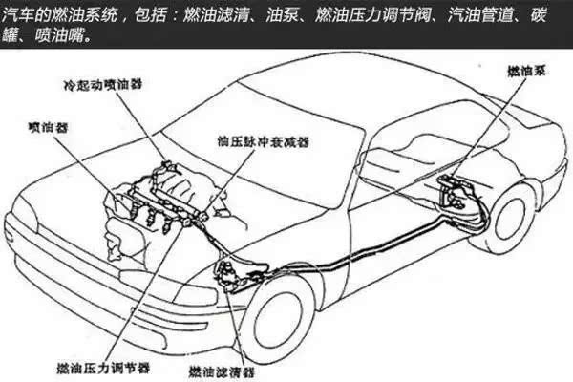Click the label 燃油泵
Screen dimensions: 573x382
coord(526,71)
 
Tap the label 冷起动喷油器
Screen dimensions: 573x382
coord(103,84)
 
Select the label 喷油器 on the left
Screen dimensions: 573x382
coord(48,127)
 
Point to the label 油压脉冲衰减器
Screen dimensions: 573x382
coord(264,141)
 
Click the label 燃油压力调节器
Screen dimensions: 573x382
coord(103,368)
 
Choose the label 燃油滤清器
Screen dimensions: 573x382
coord(222,372)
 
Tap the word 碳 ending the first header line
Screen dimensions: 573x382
coord(538,15)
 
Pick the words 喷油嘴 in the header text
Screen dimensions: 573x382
coord(59,36)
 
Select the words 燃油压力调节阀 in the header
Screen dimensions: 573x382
coord(372,15)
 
